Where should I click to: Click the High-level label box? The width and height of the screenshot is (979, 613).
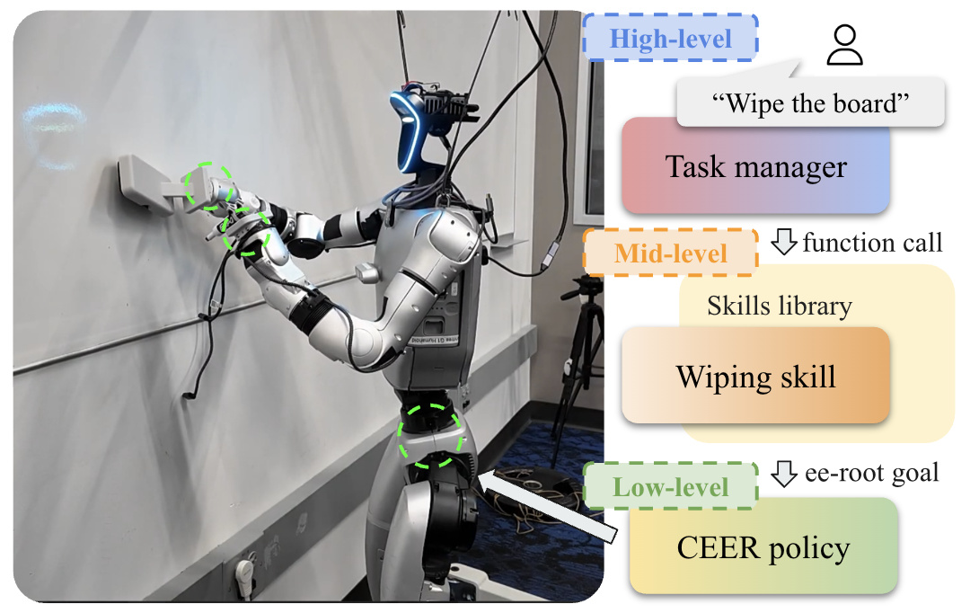[x=671, y=38]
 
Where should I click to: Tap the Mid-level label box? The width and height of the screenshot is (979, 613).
[x=671, y=253]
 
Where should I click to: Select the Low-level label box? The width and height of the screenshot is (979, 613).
[x=671, y=486]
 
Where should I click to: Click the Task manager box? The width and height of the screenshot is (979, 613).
[x=755, y=166]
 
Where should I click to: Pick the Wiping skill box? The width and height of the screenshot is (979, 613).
[x=755, y=377]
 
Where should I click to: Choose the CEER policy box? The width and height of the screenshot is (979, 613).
[x=763, y=546]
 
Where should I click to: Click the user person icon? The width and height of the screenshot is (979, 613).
[x=844, y=45]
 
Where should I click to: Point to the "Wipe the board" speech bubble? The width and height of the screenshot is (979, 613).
[x=810, y=102]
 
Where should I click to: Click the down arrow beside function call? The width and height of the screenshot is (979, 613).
[x=783, y=241]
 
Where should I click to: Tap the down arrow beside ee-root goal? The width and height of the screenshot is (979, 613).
[x=783, y=473]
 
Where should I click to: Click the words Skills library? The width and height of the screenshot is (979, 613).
[x=780, y=306]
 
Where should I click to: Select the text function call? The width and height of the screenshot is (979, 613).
[x=872, y=243]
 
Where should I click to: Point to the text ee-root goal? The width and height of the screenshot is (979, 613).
[x=871, y=473]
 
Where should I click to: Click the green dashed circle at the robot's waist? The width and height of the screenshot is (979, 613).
[x=430, y=436]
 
